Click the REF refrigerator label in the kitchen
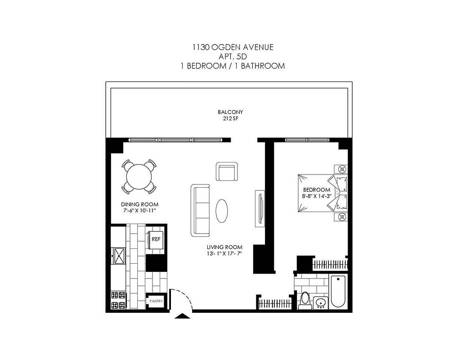[156, 239]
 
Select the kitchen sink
[119, 256]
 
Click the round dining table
[139, 177]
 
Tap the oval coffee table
[222, 210]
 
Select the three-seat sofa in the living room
[201, 210]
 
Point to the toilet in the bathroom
[305, 300]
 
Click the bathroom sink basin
[321, 302]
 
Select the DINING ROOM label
[138, 204]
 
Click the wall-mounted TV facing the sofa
[259, 208]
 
